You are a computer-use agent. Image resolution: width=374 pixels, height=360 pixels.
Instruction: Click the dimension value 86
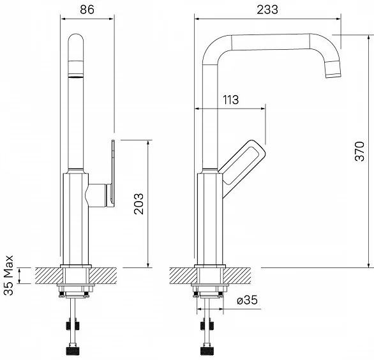(x=87, y=10)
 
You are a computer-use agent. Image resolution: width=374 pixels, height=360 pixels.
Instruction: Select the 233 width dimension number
(x=267, y=10)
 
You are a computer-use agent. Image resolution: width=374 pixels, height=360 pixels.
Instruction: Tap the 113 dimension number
(x=230, y=100)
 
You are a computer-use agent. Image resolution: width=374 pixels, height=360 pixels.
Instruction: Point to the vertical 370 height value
(x=360, y=151)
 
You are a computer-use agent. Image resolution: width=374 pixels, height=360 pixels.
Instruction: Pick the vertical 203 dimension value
(x=138, y=204)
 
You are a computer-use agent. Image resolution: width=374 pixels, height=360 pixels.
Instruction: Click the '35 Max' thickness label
(x=8, y=275)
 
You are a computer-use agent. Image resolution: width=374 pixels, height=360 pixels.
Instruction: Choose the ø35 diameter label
(x=248, y=300)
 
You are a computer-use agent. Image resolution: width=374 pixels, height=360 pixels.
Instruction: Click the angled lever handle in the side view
(x=241, y=167)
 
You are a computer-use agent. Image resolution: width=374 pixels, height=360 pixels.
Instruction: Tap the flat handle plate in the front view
(x=113, y=173)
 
